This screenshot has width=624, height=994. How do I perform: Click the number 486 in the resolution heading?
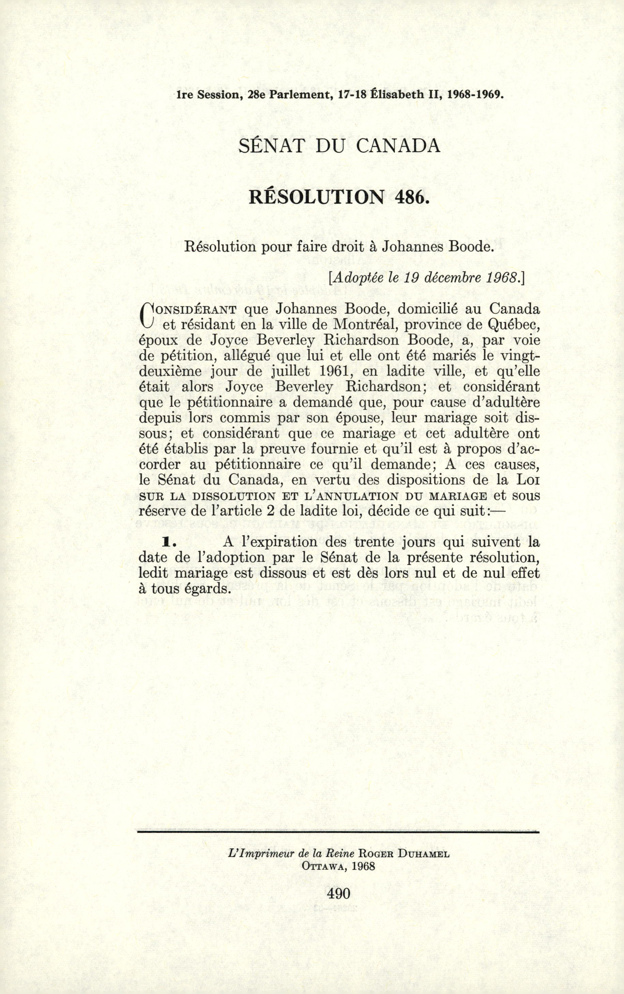click(409, 198)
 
